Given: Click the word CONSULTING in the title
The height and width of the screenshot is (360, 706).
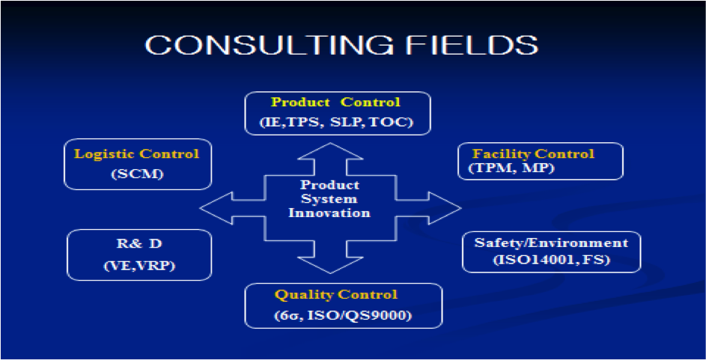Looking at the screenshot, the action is coord(269,45).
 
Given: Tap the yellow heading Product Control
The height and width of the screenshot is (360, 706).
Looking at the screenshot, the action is coord(335,102).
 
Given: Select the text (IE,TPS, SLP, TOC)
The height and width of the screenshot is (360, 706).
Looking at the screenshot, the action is coord(336,122).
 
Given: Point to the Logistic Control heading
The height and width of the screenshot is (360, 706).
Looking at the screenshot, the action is coord(136,154).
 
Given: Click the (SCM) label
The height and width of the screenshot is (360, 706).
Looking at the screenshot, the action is coord(137,174).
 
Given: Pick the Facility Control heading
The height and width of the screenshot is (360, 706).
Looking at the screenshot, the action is coord(533,154).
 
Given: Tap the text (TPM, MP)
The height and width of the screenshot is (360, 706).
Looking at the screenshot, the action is coord(511,168).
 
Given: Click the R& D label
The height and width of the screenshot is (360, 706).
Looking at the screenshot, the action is coord(139,243).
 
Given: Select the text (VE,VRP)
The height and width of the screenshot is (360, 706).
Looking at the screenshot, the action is coord(139,266).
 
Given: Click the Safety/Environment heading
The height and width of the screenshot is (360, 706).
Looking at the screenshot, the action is coord(551,243).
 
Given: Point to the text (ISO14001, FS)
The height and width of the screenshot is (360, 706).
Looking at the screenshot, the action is coord(552,260).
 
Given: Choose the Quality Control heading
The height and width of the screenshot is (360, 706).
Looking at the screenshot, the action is coord(336,295).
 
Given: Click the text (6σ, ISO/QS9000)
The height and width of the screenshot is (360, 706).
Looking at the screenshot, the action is coord(343,315).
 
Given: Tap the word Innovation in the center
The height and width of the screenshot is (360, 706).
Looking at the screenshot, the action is coord(329,213).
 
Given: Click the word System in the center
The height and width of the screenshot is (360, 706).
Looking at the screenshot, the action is coord(329,199).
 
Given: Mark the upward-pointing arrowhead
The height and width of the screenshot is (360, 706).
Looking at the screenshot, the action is coord(330,151).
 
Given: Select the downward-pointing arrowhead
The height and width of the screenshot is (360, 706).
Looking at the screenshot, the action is coord(330,265).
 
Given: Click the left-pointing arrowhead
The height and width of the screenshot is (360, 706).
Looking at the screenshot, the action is coord(216,208).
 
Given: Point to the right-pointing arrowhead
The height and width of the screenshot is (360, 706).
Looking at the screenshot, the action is coord(445,208).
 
